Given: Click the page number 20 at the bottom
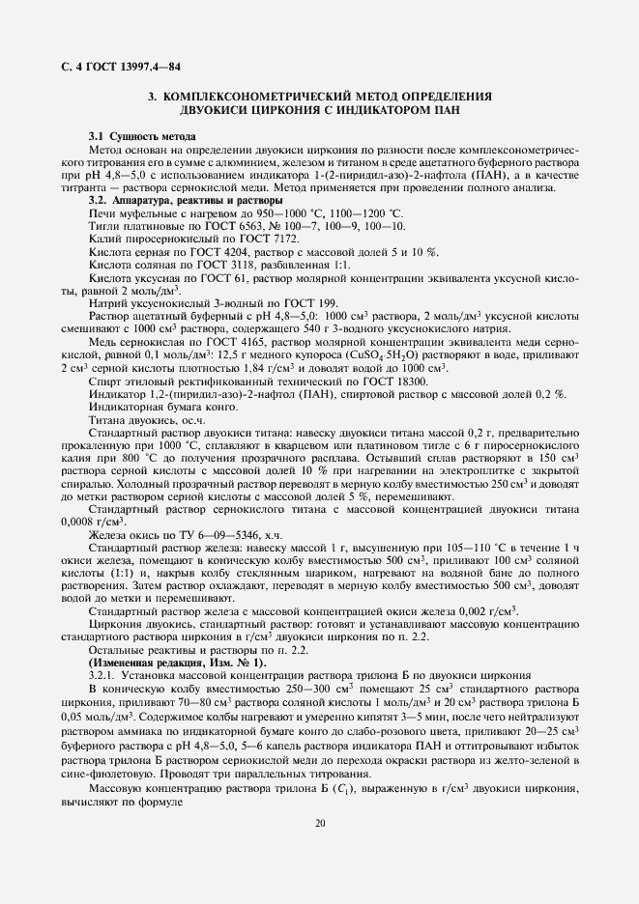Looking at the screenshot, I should click(319, 823).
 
